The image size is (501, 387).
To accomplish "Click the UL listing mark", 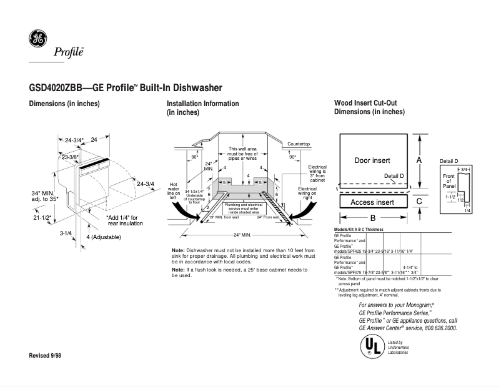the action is tap(370, 345).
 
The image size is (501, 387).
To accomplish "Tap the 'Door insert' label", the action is tap(372, 160).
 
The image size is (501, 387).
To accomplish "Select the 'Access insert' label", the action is tap(372, 202).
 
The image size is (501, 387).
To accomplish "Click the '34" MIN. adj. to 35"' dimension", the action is tap(44, 195).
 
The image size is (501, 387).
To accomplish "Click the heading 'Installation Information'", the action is tap(202, 104).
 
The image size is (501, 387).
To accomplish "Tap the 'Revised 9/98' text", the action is tap(46, 355).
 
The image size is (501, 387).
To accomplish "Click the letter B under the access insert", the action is tap(373, 218).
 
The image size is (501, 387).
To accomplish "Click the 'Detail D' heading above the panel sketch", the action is tap(449, 161).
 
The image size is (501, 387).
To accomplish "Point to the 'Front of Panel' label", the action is tap(449, 181).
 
